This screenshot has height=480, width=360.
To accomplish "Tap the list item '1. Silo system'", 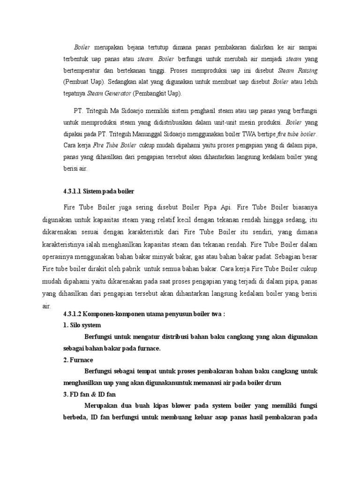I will coord(82,325).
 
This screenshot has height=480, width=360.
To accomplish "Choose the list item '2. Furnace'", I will coord(78,360).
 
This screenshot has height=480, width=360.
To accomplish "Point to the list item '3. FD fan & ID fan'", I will coord(89,394).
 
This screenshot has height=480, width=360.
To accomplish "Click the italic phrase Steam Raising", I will coord(298,71).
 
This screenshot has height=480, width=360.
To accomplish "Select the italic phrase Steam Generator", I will coord(109,94).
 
